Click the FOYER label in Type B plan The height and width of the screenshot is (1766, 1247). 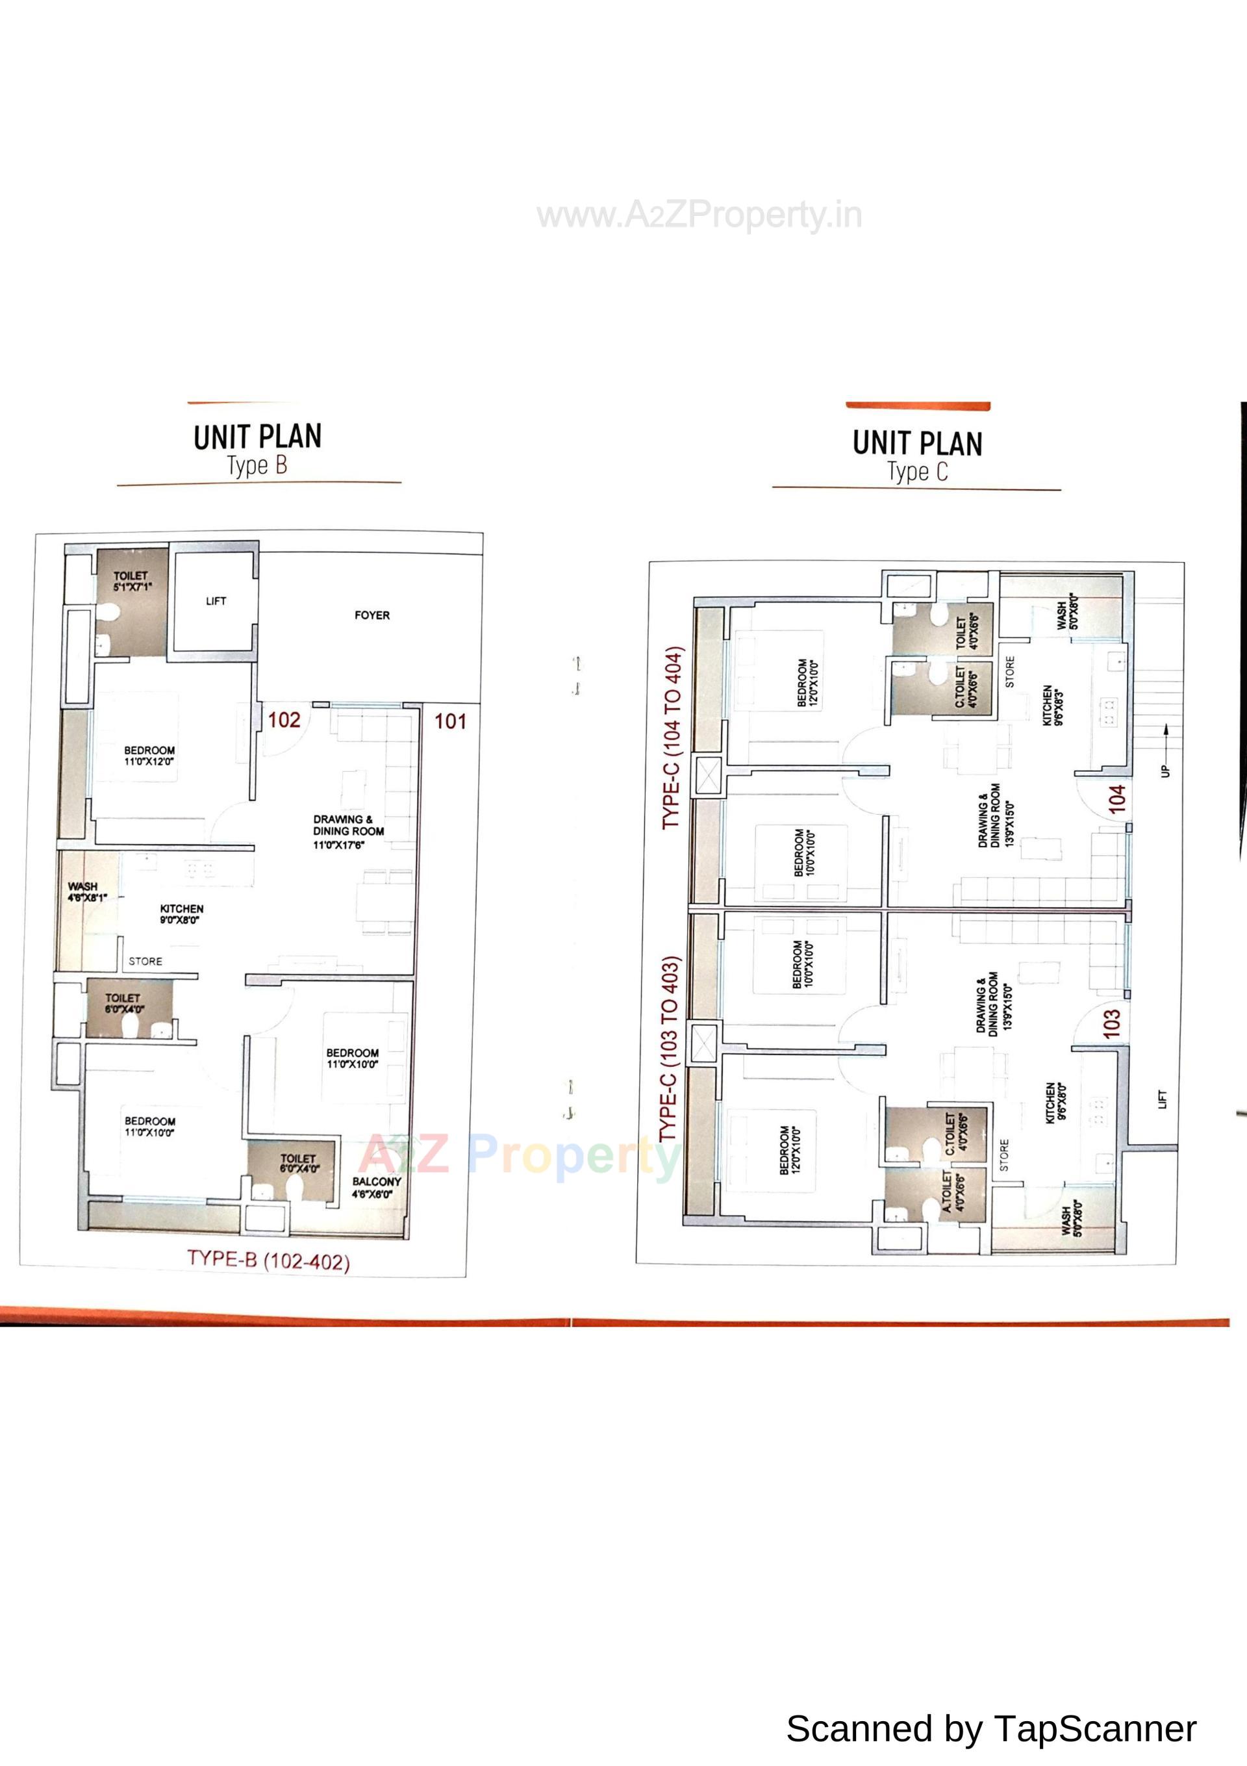372,615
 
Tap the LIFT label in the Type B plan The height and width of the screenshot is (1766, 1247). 216,601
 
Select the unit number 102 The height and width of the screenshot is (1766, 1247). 284,720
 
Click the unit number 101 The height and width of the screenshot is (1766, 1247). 451,721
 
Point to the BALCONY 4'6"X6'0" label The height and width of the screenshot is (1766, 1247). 376,1188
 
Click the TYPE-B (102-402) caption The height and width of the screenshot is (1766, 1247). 268,1261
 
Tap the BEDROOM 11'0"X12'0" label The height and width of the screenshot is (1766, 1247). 149,755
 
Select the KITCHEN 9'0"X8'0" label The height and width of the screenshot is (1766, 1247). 181,914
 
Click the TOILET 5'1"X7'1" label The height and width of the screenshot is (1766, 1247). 131,581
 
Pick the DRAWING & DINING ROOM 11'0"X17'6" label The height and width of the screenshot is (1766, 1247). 347,832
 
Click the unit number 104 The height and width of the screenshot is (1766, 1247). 1117,799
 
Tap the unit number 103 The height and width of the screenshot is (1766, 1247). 1112,1025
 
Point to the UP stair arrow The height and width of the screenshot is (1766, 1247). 1166,750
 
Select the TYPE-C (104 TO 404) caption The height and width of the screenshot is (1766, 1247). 672,737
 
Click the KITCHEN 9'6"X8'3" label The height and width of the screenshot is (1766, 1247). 1053,706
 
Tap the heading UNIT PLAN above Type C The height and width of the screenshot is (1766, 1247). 917,444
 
